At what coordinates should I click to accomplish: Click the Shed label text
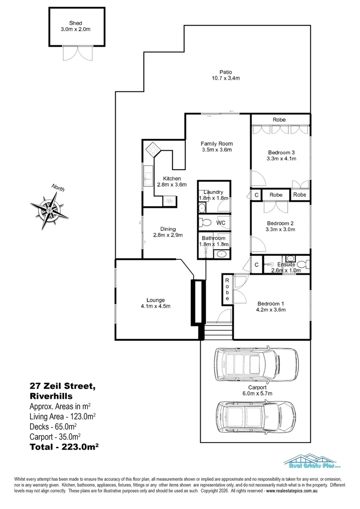pos(76,23)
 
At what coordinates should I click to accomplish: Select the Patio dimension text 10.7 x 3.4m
pos(226,78)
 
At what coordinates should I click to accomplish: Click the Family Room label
pos(217,143)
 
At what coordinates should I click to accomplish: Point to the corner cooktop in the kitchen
pos(153,150)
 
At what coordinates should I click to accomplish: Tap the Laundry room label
pos(213,192)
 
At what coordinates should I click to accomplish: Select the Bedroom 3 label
pos(281,153)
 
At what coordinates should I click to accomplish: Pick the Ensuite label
pos(286,264)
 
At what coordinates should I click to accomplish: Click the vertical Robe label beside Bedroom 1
pos(227,289)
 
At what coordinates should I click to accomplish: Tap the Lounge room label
pos(155,300)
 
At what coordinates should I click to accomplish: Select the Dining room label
pos(168,229)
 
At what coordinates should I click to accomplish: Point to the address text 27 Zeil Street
pos(62,386)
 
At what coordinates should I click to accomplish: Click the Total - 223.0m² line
pos(64,447)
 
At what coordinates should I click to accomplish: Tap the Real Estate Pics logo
pos(311,461)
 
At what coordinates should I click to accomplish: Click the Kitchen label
pos(172,179)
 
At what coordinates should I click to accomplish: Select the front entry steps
pos(218,331)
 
